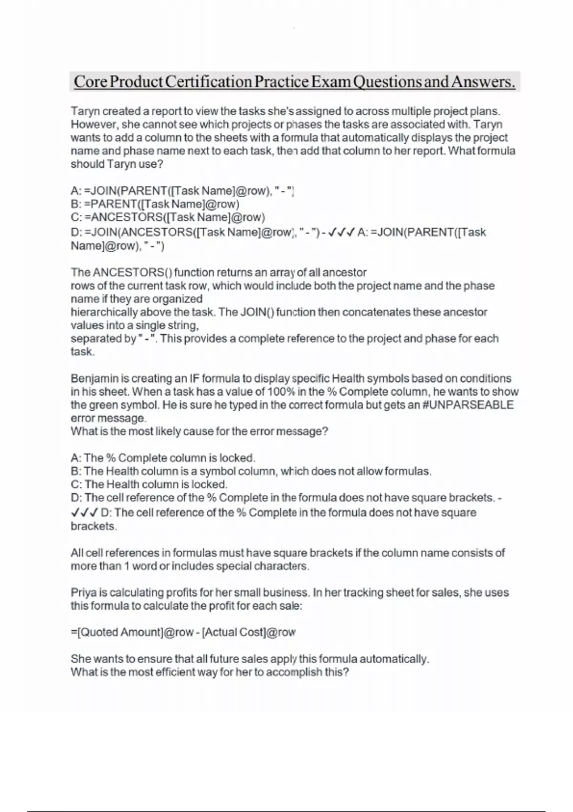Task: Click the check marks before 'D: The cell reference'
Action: [84, 513]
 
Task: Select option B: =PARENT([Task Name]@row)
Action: [155, 204]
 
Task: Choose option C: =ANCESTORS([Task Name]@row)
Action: [168, 217]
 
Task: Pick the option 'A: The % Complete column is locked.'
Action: [163, 458]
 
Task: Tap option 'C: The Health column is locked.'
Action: [149, 484]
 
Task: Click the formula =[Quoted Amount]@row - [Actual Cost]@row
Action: [183, 632]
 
